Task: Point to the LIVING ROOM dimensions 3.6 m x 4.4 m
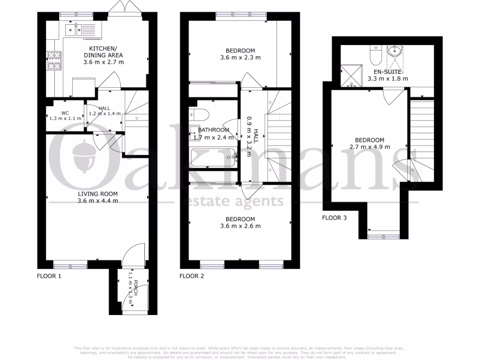[x=97, y=201]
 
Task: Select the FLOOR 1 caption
[x=49, y=276]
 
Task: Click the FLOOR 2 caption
[x=192, y=276]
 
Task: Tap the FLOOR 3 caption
[x=334, y=217]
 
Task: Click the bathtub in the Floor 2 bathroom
[x=213, y=157]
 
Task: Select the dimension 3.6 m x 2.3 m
[x=240, y=58]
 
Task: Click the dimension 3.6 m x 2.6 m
[x=240, y=226]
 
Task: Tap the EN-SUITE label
[x=387, y=72]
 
